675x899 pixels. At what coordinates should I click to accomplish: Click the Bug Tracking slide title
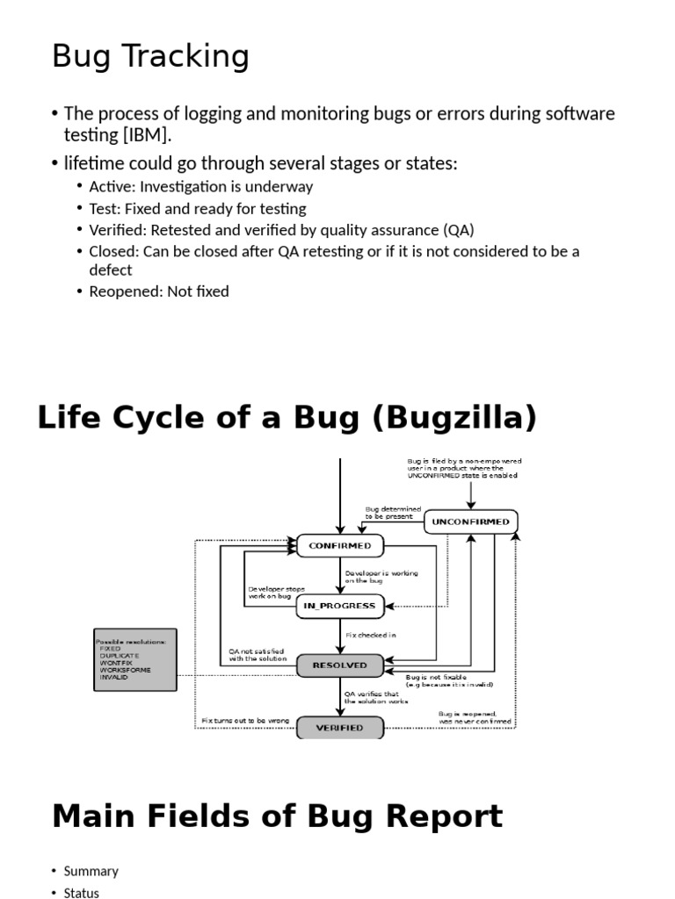coord(150,57)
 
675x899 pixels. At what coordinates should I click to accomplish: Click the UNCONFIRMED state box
coord(471,521)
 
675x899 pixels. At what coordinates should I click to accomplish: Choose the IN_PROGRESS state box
coord(339,606)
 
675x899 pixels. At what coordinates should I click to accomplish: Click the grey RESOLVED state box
coord(339,665)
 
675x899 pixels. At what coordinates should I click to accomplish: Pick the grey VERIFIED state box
coord(339,728)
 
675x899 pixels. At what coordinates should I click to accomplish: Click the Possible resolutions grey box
coord(135,659)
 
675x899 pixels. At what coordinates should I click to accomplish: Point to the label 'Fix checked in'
coord(370,634)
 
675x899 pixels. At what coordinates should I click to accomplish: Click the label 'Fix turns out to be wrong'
coord(245,721)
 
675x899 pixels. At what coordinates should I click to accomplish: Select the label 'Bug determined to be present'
coord(393,513)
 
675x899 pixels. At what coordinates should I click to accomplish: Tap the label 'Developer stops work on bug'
coord(276,593)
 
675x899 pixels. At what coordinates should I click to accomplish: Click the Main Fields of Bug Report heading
coord(277,816)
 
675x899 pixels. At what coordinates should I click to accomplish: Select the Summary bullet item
coord(91,871)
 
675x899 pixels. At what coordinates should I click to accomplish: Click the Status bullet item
coord(82,893)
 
